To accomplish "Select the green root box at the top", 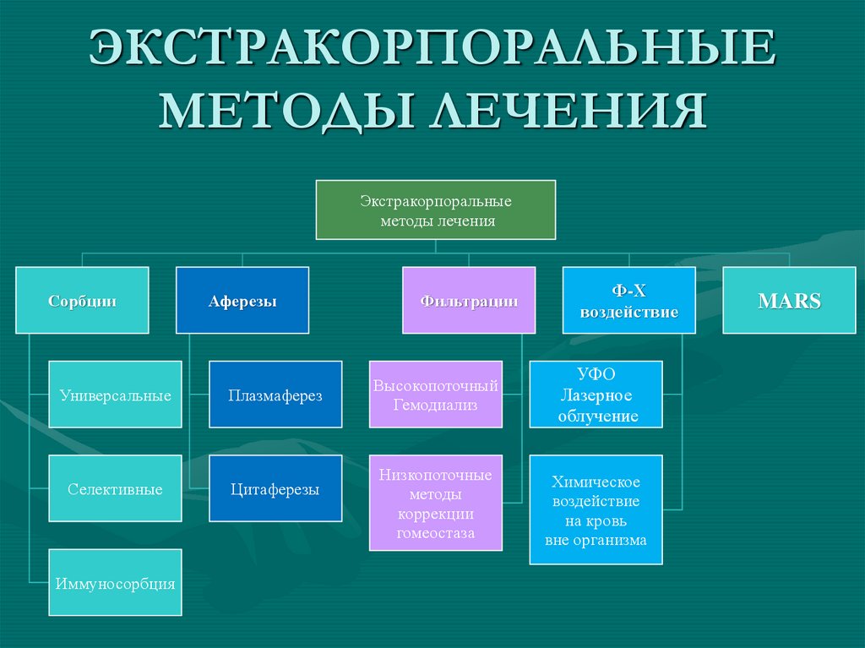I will point(435,210).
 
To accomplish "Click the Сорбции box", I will point(82,300).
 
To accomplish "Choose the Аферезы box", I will point(242,300).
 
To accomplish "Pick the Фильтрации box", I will point(469,300).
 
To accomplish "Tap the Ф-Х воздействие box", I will point(629,300).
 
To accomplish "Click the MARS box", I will point(789,300).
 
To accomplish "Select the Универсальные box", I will point(115,395).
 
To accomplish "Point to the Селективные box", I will point(115,488).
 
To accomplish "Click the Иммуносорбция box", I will point(115,582).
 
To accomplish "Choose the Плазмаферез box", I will point(275,395).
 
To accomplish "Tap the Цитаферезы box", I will point(275,488).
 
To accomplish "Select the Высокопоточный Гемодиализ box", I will point(435,395).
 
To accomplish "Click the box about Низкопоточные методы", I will point(435,504).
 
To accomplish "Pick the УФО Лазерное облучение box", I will point(596,395).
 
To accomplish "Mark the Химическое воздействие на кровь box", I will point(596,509).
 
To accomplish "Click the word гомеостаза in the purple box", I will point(435,533).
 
